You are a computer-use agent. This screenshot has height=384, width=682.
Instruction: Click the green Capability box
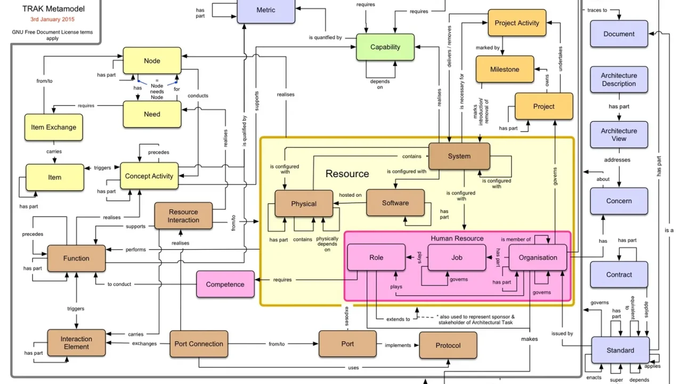coord(385,47)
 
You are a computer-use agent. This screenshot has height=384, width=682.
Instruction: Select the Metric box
coord(266,11)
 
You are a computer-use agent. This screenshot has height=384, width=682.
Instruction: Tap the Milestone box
coord(505,69)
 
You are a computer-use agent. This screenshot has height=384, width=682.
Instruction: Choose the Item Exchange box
coord(54,127)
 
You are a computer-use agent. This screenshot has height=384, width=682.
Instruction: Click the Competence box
coord(225,284)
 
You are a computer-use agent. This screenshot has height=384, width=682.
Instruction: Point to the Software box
coord(395,203)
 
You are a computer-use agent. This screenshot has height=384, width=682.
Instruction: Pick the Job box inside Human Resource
coord(457,257)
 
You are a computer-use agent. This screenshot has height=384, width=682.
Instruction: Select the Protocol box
coord(448,345)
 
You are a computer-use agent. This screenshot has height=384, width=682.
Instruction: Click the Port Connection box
coord(199,344)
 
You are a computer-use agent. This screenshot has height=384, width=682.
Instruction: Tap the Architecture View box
coord(619,135)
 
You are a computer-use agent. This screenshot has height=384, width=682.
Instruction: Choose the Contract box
coord(619,274)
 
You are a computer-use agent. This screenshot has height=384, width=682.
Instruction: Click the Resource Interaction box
coord(183,216)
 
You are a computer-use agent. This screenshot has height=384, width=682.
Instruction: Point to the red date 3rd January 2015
coord(52,19)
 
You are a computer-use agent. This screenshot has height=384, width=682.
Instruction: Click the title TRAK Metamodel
coord(53,9)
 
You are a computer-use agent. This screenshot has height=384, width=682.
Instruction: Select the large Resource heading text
coord(347,174)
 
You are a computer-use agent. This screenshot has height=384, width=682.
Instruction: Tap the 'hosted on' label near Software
coord(351,195)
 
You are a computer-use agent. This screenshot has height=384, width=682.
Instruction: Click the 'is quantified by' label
coord(325,37)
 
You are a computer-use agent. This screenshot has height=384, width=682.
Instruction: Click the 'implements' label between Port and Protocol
coord(397,345)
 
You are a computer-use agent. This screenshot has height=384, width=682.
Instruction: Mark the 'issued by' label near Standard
coord(562,333)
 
